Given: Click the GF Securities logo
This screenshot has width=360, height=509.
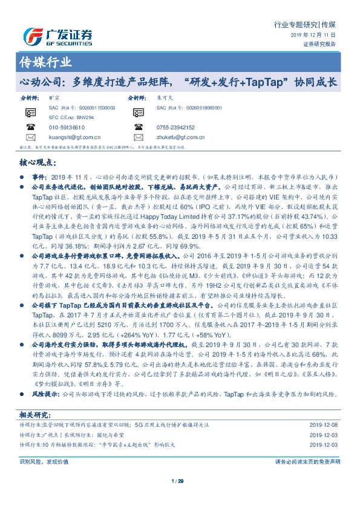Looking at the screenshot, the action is click(x=57, y=36).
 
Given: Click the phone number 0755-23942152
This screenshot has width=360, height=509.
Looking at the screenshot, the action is click(x=175, y=128).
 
